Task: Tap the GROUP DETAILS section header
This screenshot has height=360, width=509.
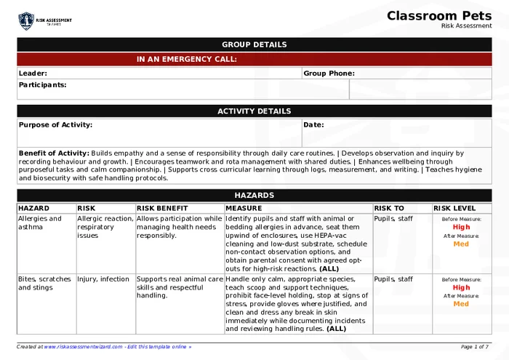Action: pyautogui.click(x=254, y=44)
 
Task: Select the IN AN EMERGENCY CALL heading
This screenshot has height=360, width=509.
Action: pyautogui.click(x=187, y=59)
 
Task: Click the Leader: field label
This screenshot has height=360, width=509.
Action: pyautogui.click(x=33, y=73)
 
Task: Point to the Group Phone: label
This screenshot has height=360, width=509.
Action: pyautogui.click(x=329, y=73)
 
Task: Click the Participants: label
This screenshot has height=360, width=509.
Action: pyautogui.click(x=42, y=84)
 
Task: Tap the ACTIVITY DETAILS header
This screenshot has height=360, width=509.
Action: pyautogui.click(x=254, y=111)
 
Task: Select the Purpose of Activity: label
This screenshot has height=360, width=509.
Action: pyautogui.click(x=55, y=124)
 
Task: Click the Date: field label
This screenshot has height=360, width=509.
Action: pyautogui.click(x=313, y=124)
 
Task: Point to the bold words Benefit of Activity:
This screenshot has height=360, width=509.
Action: pyautogui.click(x=54, y=153)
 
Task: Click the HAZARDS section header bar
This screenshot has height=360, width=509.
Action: pyautogui.click(x=254, y=195)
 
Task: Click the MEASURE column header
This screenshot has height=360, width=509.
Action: pyautogui.click(x=244, y=208)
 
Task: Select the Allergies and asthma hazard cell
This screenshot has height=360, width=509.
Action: pyautogui.click(x=40, y=223)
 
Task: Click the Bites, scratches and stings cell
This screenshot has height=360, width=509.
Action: pyautogui.click(x=44, y=283)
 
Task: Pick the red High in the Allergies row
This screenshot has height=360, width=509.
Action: pyautogui.click(x=461, y=227)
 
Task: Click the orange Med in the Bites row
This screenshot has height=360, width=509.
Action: pyautogui.click(x=461, y=304)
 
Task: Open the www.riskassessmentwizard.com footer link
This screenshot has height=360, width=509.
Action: pyautogui.click(x=83, y=347)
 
